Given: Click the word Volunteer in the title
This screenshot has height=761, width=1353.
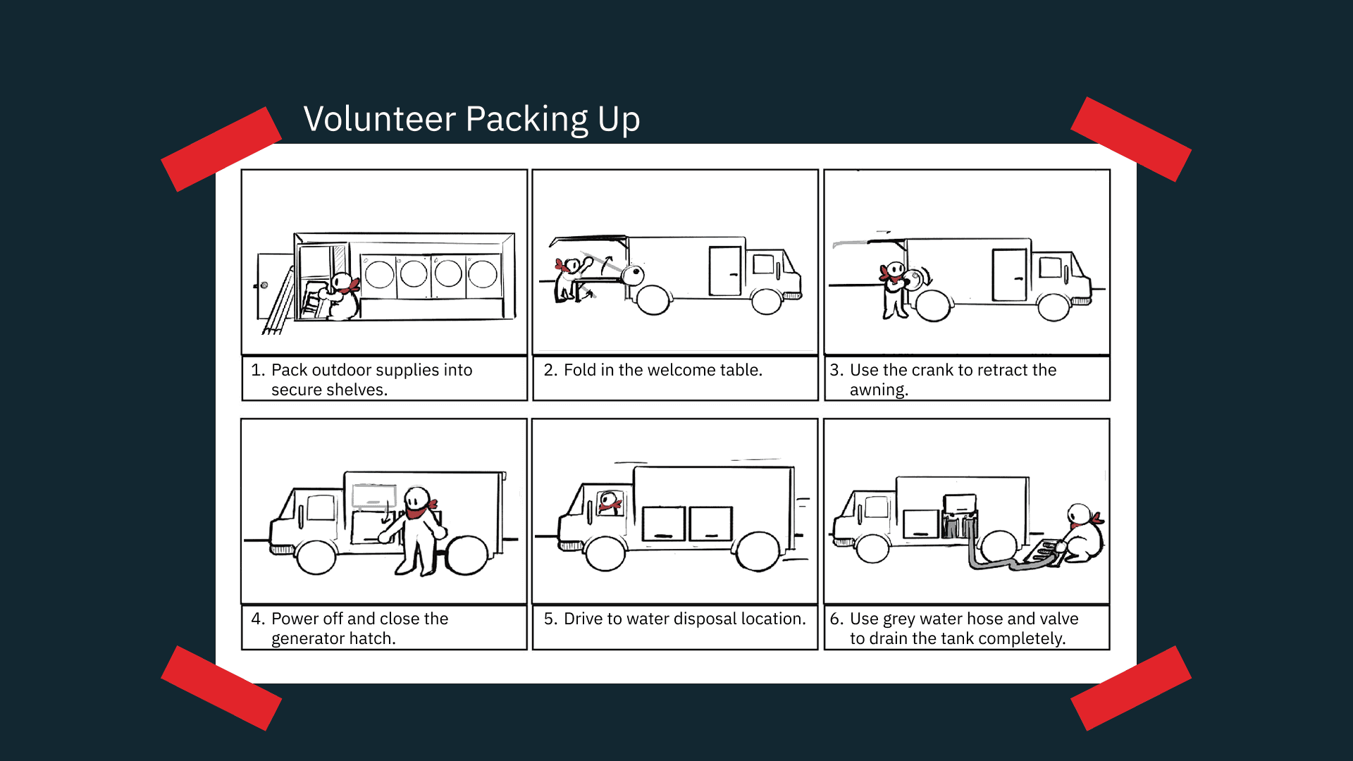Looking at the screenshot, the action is click(380, 118).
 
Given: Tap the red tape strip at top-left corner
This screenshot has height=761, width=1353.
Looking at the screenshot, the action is click(221, 149).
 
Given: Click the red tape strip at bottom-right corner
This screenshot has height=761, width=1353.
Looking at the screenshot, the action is click(1131, 688).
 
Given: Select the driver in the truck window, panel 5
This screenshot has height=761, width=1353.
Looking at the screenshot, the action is click(610, 503).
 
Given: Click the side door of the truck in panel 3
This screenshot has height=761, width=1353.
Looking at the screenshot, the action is click(1009, 275).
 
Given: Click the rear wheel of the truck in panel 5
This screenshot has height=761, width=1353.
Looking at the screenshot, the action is click(758, 551).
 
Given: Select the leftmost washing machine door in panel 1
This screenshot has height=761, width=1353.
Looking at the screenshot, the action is click(379, 274).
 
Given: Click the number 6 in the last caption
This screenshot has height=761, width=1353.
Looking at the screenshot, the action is click(835, 619).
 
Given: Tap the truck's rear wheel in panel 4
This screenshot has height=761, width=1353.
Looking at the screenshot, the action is click(467, 556).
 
